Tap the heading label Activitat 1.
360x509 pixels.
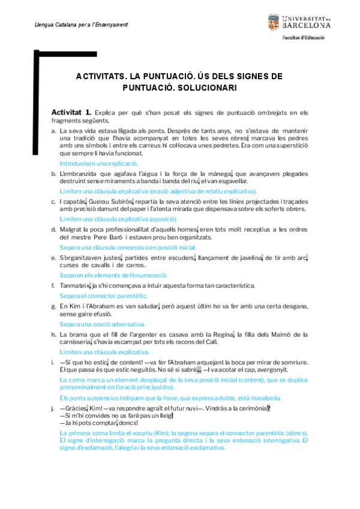pos(71,112)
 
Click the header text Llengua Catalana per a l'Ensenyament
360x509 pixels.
pos(73,25)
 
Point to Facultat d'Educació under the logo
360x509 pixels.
pos(304,37)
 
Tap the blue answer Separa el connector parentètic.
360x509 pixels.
pos(103,296)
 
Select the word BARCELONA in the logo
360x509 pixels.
pos(306,26)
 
